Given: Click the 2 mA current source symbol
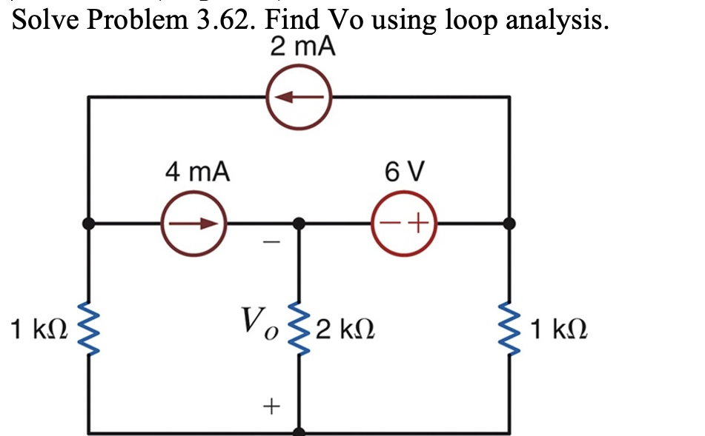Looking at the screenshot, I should click(299, 97).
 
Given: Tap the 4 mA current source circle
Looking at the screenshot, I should click(193, 223).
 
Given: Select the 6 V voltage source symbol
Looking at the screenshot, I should click(404, 223).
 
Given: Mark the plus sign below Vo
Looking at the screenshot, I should click(271, 406).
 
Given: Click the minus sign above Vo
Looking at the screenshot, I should click(271, 242).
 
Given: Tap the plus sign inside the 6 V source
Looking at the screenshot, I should click(419, 223).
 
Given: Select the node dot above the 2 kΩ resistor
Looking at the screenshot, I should click(299, 223).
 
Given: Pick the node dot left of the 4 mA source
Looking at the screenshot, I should click(89, 223).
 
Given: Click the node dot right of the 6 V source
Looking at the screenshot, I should click(509, 223).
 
